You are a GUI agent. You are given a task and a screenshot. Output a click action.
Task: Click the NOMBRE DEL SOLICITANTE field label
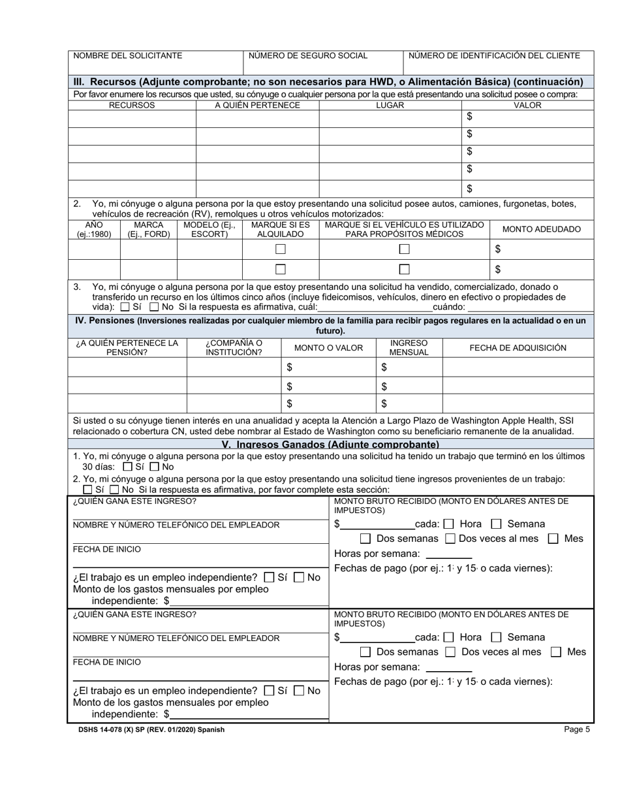(x=127, y=56)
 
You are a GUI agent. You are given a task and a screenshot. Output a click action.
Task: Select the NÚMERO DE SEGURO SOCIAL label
(x=308, y=56)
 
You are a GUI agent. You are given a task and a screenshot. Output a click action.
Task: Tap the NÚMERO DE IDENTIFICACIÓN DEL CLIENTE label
(x=494, y=56)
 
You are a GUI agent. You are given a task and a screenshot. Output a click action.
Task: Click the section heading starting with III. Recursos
(x=328, y=82)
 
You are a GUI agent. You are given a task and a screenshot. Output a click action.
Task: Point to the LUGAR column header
(x=390, y=105)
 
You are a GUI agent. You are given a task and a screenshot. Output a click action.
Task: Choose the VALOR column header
(x=527, y=105)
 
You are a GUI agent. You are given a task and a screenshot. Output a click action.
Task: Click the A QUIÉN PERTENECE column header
(x=257, y=105)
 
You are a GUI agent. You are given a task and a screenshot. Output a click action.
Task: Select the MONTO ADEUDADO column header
(x=541, y=229)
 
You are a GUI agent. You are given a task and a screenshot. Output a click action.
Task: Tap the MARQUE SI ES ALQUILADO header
(x=280, y=229)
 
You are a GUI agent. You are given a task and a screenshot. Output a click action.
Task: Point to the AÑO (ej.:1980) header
(x=94, y=229)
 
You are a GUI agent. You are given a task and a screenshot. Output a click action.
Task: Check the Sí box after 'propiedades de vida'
(x=125, y=307)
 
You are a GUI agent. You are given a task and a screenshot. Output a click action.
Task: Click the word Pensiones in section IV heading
(x=106, y=321)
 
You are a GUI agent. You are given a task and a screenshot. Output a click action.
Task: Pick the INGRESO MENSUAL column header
(x=409, y=347)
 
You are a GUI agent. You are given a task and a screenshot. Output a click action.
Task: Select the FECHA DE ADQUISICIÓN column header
(x=518, y=348)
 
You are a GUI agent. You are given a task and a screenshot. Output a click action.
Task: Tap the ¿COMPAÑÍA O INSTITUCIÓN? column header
(x=234, y=347)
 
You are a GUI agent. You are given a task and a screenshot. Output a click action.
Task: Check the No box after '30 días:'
(x=154, y=467)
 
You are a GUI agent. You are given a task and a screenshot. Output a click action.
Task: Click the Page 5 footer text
(x=577, y=730)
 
